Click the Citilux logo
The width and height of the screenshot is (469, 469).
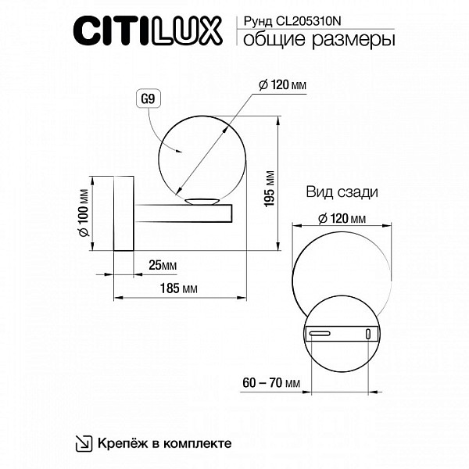(x=148, y=31)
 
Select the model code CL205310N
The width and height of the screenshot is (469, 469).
(x=309, y=21)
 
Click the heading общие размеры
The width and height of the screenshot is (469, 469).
(x=319, y=40)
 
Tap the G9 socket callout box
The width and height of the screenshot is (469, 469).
(x=148, y=98)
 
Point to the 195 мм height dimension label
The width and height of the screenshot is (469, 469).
(x=270, y=188)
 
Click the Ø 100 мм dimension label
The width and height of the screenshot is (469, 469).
(x=84, y=213)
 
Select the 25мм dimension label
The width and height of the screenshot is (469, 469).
(x=163, y=265)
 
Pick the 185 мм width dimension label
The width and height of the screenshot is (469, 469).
(x=178, y=288)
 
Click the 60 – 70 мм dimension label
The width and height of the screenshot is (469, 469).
(x=271, y=382)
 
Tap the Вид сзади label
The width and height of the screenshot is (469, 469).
(x=342, y=192)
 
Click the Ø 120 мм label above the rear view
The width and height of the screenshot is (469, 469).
(x=342, y=219)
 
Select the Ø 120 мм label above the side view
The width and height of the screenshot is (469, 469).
(x=283, y=85)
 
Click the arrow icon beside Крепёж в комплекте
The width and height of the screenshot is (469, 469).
(x=84, y=443)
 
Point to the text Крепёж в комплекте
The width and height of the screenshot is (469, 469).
(x=164, y=443)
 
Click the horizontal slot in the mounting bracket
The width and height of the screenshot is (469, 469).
(x=320, y=334)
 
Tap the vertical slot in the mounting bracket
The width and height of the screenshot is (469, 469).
(x=368, y=334)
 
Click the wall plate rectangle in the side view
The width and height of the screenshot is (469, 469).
(x=124, y=213)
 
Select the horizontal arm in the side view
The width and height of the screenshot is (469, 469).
(x=183, y=213)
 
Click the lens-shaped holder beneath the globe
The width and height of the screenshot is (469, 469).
(x=202, y=201)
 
